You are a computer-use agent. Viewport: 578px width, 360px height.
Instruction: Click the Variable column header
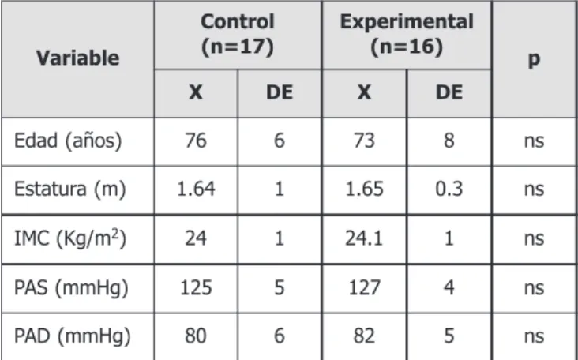click(78, 58)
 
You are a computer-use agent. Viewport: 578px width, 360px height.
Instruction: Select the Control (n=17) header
click(238, 34)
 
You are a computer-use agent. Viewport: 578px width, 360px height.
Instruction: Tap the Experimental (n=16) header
click(407, 34)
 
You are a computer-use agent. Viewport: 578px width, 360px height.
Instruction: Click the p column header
click(534, 60)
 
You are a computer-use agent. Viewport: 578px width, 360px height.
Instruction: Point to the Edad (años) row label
click(68, 141)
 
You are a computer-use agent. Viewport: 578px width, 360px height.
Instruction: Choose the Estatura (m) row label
click(70, 189)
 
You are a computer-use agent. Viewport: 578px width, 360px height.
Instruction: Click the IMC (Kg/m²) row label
click(70, 238)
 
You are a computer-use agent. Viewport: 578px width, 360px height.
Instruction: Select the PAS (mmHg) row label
click(71, 288)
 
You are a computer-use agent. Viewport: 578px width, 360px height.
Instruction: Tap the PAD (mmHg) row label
click(73, 336)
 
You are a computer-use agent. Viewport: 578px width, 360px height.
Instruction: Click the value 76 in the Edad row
click(196, 141)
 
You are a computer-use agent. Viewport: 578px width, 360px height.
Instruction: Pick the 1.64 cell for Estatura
click(196, 189)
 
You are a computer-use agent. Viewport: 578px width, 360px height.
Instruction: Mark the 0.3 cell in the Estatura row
click(449, 189)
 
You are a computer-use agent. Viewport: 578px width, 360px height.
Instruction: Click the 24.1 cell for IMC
click(364, 238)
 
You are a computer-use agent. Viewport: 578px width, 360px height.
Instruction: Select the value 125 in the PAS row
click(196, 288)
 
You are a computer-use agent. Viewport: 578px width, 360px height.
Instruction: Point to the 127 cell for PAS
click(364, 288)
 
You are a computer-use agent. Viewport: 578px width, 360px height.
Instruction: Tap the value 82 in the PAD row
click(364, 336)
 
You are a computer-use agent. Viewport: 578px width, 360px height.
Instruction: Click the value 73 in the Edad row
click(364, 141)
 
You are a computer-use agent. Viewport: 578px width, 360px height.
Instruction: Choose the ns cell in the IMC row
click(534, 239)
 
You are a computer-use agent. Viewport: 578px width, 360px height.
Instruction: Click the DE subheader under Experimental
click(449, 92)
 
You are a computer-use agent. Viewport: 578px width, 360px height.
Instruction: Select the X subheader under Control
click(196, 92)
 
